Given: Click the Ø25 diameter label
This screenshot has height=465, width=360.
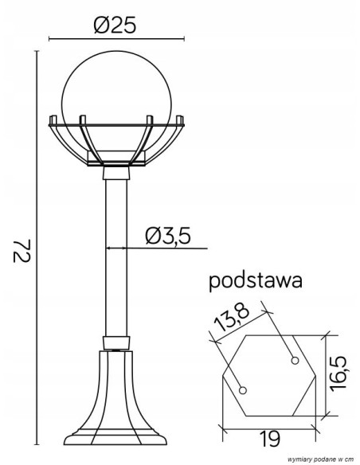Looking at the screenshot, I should [115, 25].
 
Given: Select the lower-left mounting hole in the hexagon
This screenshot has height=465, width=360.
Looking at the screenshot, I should [245, 390].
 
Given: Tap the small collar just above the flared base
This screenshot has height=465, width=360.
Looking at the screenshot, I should [116, 343].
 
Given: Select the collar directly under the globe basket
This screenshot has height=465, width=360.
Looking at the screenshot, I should [115, 173].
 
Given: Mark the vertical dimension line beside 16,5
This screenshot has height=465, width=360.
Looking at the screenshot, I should [327, 374].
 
